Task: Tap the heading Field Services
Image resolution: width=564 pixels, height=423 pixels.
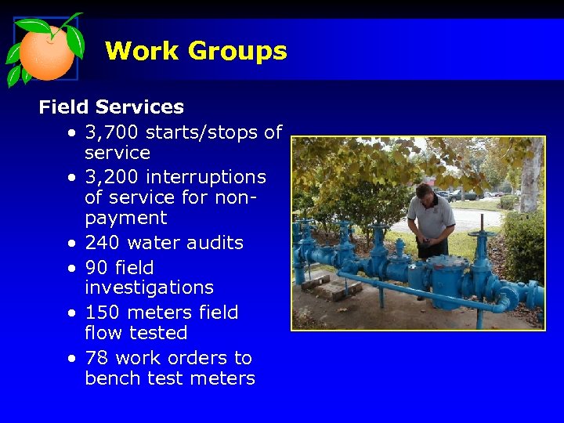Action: pyautogui.click(x=111, y=107)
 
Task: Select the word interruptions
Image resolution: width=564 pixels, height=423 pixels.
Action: pyautogui.click(x=206, y=177)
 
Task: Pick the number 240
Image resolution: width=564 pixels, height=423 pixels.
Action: pyautogui.click(x=102, y=243)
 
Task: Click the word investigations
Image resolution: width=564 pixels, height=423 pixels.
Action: pyautogui.click(x=149, y=287)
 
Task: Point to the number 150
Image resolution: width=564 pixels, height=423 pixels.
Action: pyautogui.click(x=102, y=313)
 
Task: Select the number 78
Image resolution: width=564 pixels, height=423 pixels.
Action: pyautogui.click(x=96, y=358)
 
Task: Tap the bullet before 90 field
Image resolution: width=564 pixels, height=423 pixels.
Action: pyautogui.click(x=71, y=268)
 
